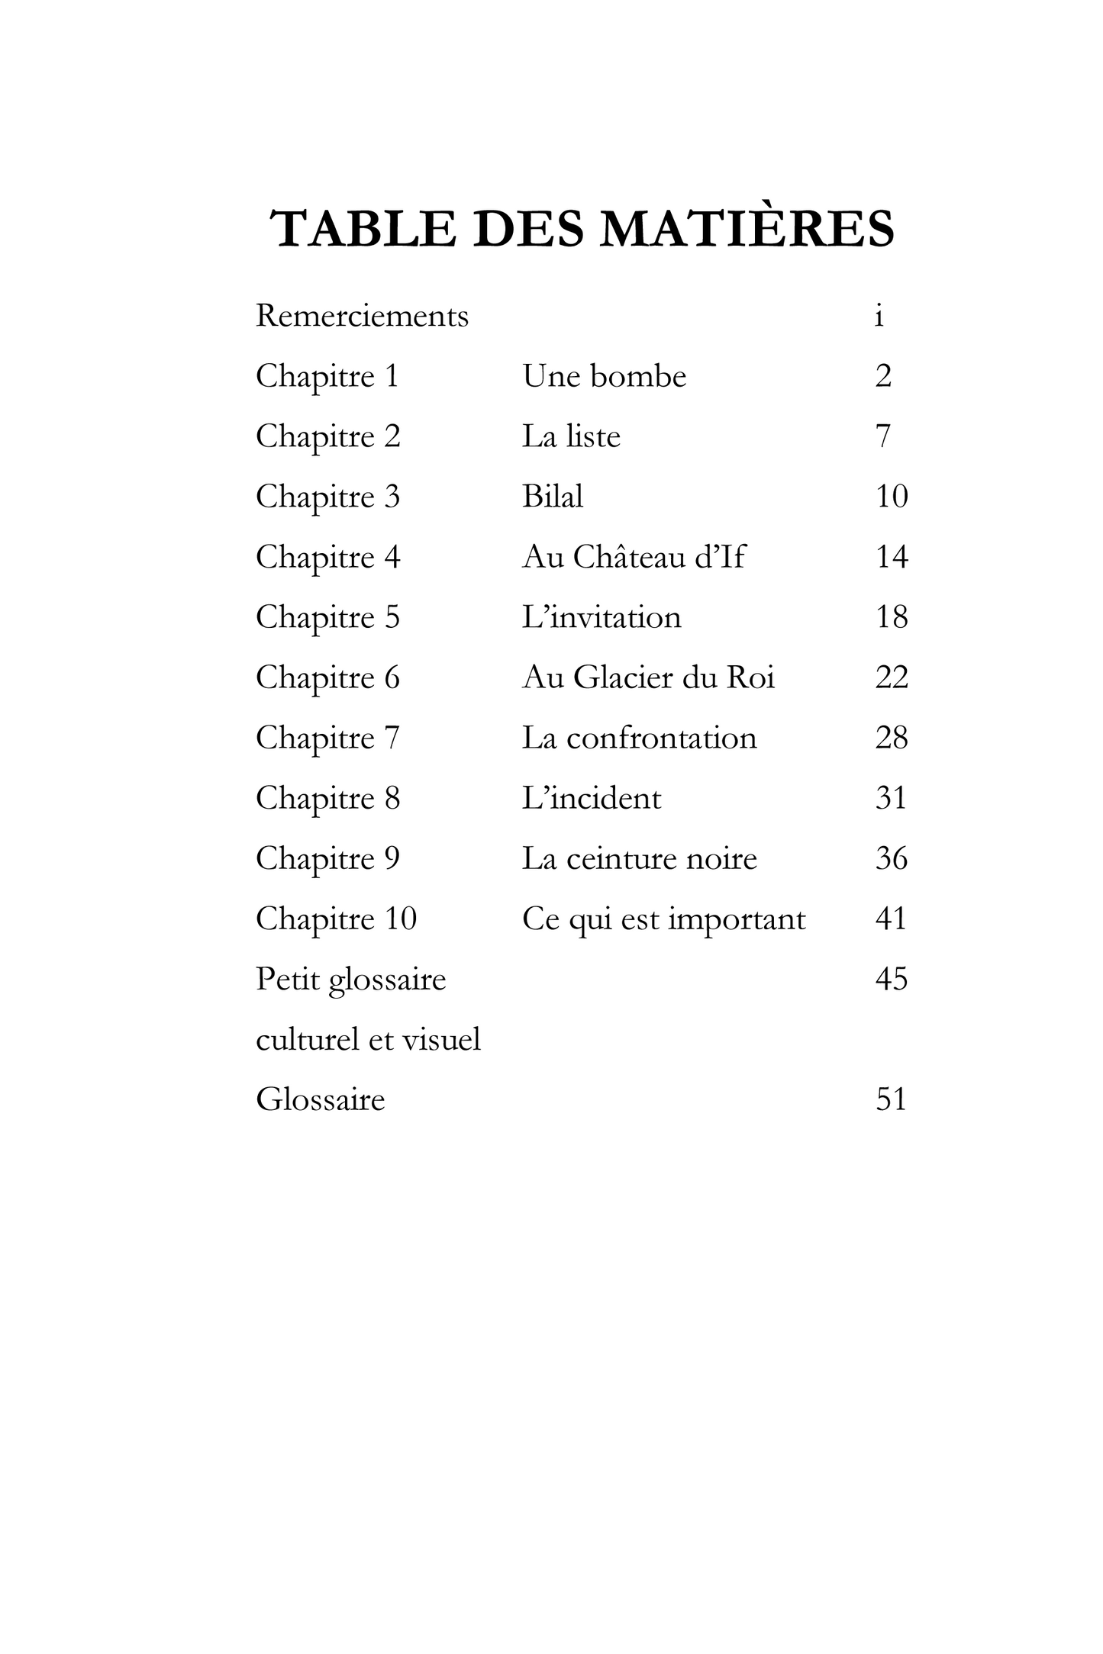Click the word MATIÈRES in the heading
coord(747,229)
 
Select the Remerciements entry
coord(362,316)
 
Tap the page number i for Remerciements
coord(879,316)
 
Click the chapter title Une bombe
coord(604,376)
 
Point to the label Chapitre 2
coord(327,436)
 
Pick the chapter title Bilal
coord(552,497)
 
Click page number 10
coord(891,497)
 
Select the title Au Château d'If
coord(633,557)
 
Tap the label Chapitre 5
coord(327,617)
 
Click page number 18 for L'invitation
coord(891,617)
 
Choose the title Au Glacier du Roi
coord(648,677)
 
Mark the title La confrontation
coord(639,738)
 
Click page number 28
coord(891,738)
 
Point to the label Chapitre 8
coord(327,798)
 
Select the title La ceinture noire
coord(639,858)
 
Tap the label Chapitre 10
coord(336,919)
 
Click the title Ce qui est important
coord(663,919)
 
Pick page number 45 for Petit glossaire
coord(891,979)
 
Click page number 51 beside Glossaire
coord(891,1099)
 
